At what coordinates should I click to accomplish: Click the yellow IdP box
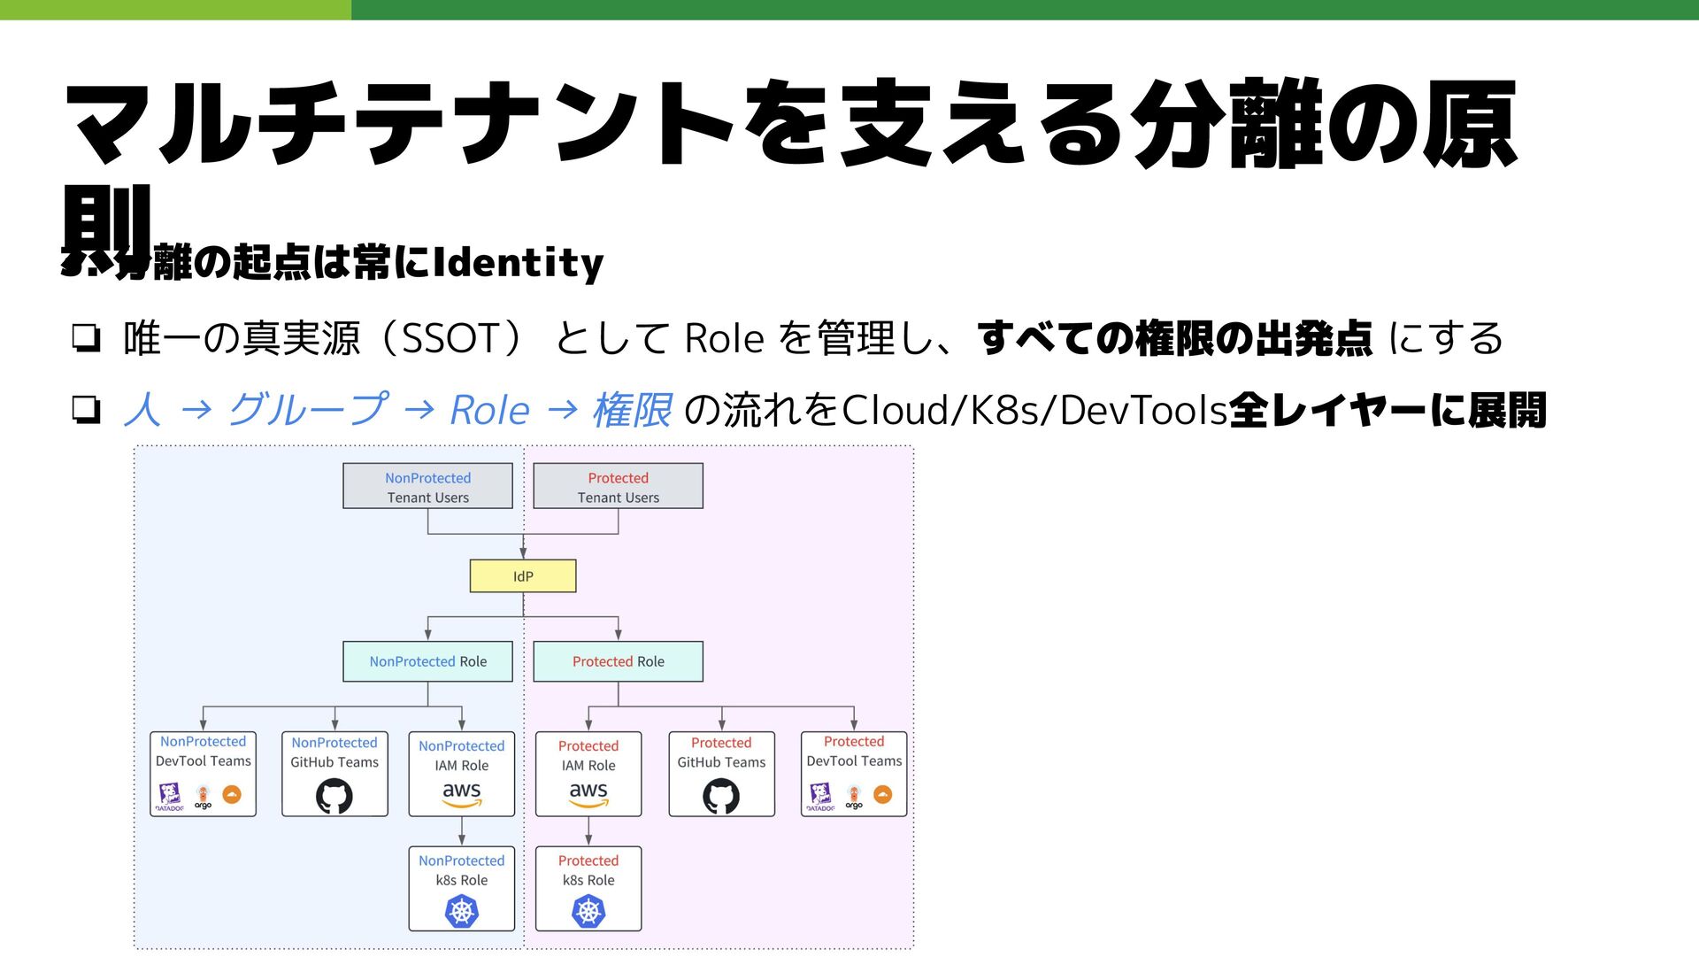pos(523,576)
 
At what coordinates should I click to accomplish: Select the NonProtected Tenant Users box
pos(427,486)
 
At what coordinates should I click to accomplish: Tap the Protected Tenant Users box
pos(618,486)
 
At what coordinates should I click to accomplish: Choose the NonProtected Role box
pos(427,661)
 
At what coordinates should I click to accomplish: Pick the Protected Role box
pos(618,661)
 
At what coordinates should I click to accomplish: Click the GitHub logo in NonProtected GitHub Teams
pos(334,796)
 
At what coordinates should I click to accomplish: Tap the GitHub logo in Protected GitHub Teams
pos(721,796)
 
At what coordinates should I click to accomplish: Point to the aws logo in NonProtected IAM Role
pos(462,794)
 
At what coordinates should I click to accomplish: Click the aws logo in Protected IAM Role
pos(588,794)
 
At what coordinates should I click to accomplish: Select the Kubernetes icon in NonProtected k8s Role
pos(462,911)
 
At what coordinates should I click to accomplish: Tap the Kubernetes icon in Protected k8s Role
pos(588,911)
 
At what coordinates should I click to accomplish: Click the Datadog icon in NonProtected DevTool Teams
pos(170,796)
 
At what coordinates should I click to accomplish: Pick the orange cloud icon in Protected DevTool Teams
pos(882,795)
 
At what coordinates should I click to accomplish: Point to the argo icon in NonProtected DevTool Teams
pos(204,796)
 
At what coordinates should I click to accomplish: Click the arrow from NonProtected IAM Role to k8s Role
pos(462,831)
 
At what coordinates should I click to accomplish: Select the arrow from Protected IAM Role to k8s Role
pos(588,831)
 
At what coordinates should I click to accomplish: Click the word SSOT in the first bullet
pos(452,338)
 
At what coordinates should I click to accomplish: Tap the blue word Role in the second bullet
pos(489,410)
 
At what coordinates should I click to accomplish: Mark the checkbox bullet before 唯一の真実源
pos(86,338)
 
